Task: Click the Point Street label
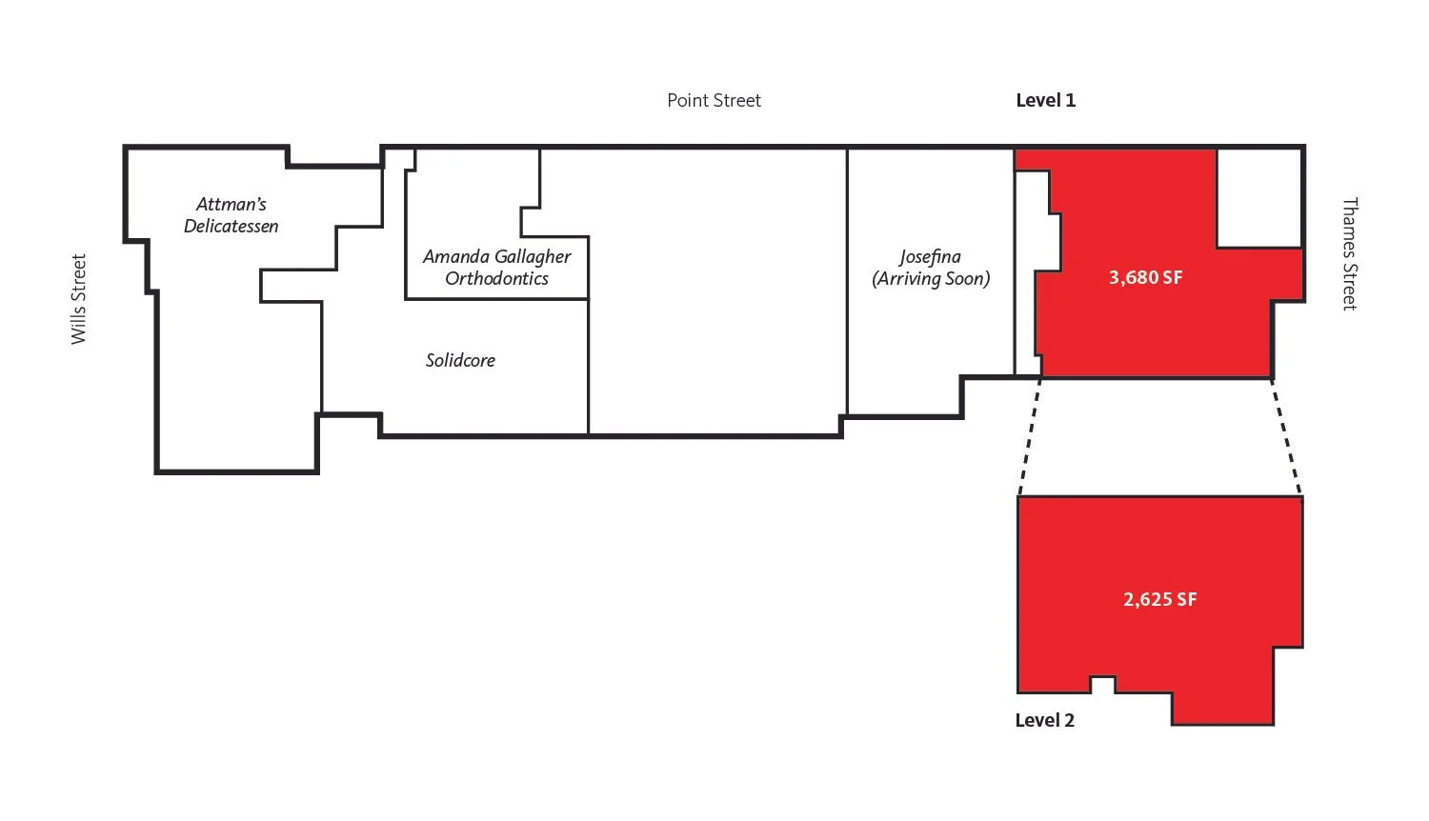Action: click(x=714, y=100)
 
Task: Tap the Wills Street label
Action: click(x=78, y=299)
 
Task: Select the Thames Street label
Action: click(x=1349, y=253)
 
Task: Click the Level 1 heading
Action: click(x=1045, y=100)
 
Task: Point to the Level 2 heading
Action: click(x=1044, y=720)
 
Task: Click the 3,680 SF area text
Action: click(x=1145, y=277)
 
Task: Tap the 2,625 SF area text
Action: click(x=1159, y=599)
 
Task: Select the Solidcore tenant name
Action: click(x=460, y=360)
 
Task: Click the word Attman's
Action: click(x=231, y=204)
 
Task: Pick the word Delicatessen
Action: click(x=231, y=226)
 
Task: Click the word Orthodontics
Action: click(x=496, y=278)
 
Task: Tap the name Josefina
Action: click(x=930, y=256)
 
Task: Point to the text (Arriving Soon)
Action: click(x=931, y=278)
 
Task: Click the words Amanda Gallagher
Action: click(x=496, y=256)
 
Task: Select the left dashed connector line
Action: click(x=1029, y=437)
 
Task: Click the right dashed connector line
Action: click(x=1286, y=437)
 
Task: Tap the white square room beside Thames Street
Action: click(x=1259, y=197)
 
